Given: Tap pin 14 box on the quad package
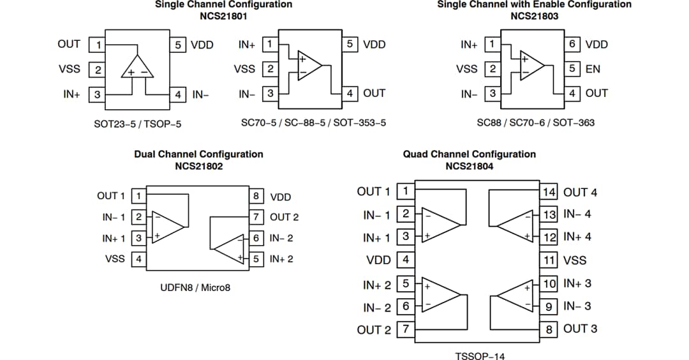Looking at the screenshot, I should click(x=549, y=192).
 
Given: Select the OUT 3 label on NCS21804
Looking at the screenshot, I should click(x=580, y=329).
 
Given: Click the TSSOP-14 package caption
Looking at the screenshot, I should click(x=479, y=356).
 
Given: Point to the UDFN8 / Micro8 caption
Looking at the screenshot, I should click(x=195, y=288).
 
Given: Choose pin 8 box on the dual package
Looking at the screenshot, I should click(x=256, y=196).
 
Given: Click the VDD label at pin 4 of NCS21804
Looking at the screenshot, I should click(x=378, y=260).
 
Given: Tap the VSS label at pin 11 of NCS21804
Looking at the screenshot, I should click(x=574, y=260).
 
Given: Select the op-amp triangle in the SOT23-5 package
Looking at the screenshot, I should click(x=137, y=67).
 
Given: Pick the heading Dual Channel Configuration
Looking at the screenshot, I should click(x=198, y=154).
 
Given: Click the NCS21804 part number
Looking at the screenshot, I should click(x=469, y=166).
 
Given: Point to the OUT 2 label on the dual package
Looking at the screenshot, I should click(x=284, y=217).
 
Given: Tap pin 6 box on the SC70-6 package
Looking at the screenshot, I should click(x=572, y=44).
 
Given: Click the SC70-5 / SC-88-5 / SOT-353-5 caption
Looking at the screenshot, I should click(x=313, y=123).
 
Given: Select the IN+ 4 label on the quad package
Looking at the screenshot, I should click(x=577, y=237).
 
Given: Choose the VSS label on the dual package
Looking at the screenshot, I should click(x=115, y=259).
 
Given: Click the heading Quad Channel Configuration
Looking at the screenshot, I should click(x=469, y=154).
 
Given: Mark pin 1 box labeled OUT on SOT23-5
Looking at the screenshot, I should click(x=98, y=45).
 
